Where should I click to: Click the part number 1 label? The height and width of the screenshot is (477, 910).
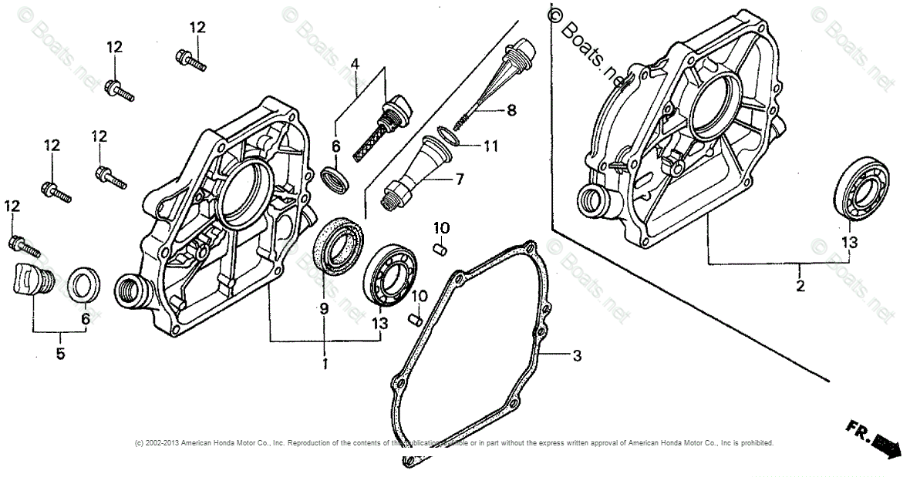point(325,362)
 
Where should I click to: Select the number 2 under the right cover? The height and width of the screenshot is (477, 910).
point(800,286)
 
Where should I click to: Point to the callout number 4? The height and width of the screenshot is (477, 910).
point(355,63)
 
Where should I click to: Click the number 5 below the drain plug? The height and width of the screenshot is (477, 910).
point(60,354)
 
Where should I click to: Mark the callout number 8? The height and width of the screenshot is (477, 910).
point(511,110)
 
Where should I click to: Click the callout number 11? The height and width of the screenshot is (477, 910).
point(491,145)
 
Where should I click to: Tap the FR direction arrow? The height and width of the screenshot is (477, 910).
point(878,440)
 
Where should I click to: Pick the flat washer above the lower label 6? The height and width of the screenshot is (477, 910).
point(83,285)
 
